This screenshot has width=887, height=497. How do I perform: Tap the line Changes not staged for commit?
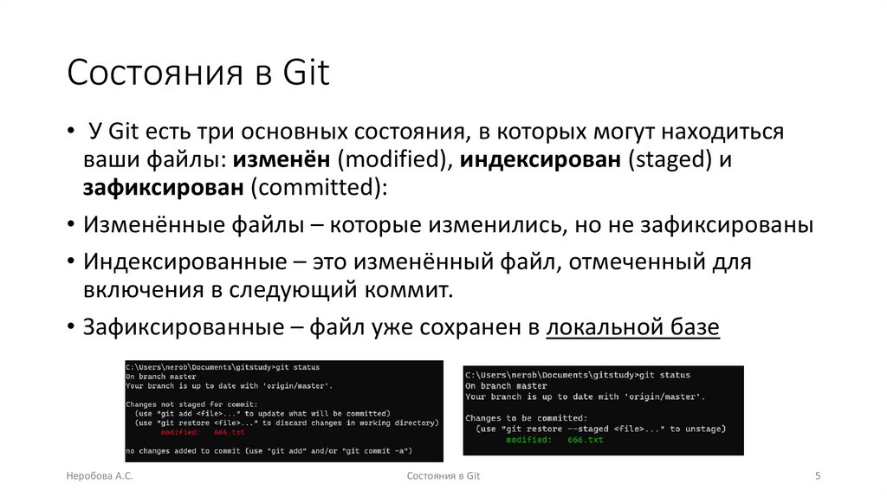pyautogui.click(x=191, y=404)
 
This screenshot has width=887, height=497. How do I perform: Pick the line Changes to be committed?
pyautogui.click(x=520, y=418)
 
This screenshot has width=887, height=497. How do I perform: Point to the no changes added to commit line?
pyautogui.click(x=269, y=450)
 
